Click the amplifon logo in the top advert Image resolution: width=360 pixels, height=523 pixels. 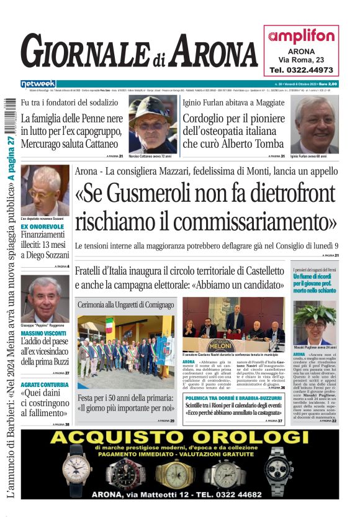pos(301,37)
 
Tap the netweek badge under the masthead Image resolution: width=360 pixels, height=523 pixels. pos(38,83)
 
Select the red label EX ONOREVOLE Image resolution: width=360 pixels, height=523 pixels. pos(42,227)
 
